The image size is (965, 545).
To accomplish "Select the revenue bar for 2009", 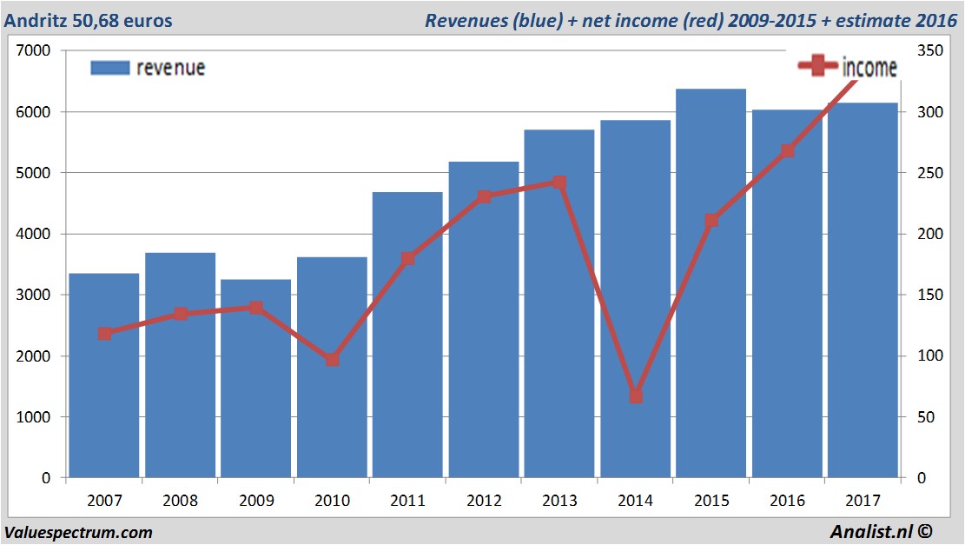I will pyautogui.click(x=255, y=391).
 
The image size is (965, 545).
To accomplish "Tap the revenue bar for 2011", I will pyautogui.click(x=407, y=365).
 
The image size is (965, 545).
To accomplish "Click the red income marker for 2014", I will pyautogui.click(x=636, y=396).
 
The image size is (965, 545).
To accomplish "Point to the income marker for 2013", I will pyautogui.click(x=559, y=183).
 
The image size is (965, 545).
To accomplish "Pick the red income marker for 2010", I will pyautogui.click(x=332, y=359).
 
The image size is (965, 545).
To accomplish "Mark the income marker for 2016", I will pyautogui.click(x=787, y=151).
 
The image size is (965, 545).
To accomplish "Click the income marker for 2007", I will pyautogui.click(x=104, y=334).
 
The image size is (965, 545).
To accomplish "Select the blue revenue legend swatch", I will pyautogui.click(x=109, y=68).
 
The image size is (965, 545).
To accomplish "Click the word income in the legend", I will pyautogui.click(x=869, y=68).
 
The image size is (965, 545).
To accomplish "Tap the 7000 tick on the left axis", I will pyautogui.click(x=35, y=51).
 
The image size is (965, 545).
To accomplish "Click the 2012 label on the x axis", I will pyautogui.click(x=484, y=502).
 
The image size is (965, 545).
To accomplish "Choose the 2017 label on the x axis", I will pyautogui.click(x=863, y=502).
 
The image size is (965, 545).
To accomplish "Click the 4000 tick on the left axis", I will pyautogui.click(x=35, y=235).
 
